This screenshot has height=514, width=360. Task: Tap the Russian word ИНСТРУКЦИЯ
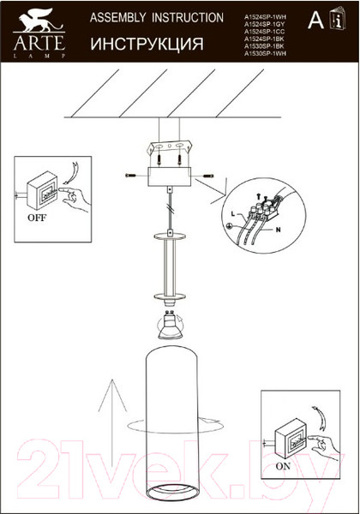pos(147,43)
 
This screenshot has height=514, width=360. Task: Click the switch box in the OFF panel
pos(42,189)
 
